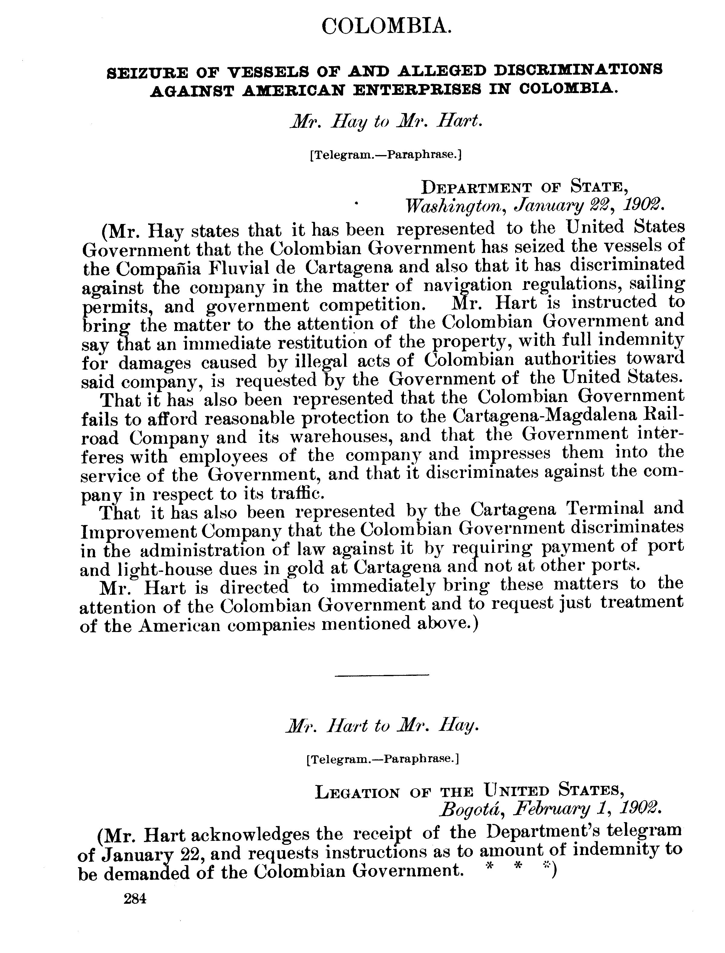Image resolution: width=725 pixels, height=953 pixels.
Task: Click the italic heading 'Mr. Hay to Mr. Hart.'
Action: tap(385, 122)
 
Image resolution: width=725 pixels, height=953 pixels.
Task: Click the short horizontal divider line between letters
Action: tap(382, 674)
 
